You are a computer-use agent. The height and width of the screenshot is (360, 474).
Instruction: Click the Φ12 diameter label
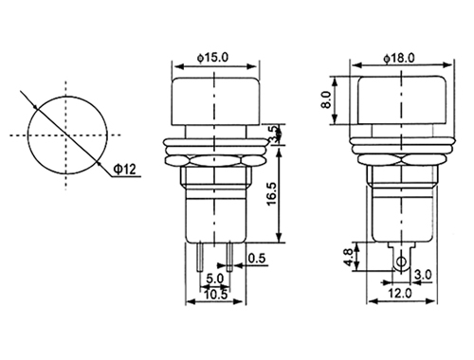click(124, 170)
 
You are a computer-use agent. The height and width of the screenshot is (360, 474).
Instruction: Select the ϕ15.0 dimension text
click(212, 58)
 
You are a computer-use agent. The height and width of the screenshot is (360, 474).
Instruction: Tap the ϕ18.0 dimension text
click(399, 58)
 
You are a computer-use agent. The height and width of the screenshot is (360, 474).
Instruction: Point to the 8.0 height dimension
click(325, 100)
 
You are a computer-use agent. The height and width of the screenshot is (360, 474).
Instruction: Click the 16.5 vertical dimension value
click(272, 194)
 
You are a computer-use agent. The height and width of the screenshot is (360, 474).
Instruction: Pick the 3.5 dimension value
click(274, 135)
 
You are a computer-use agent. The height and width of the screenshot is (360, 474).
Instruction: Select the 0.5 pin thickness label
click(257, 259)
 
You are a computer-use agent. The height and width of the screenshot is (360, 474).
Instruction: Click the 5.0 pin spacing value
click(214, 279)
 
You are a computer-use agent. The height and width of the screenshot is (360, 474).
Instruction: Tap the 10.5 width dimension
click(215, 295)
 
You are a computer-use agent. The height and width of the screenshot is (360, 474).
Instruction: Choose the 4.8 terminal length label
click(348, 258)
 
